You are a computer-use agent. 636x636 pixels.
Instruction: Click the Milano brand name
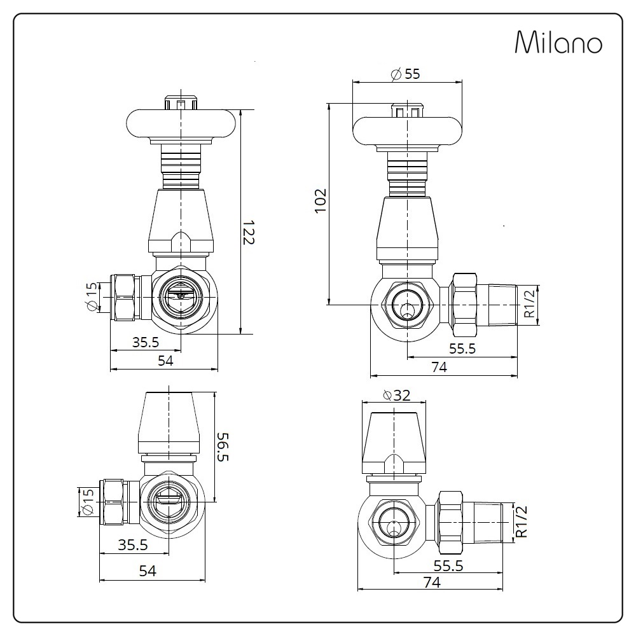click(558, 43)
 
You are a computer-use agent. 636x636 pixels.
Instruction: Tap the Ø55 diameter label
click(406, 74)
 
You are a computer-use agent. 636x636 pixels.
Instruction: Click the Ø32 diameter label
click(396, 395)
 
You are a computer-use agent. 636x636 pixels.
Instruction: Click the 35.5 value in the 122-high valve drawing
click(145, 342)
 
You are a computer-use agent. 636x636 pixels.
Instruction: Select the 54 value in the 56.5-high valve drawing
click(147, 571)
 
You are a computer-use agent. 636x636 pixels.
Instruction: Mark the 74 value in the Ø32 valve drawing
click(431, 582)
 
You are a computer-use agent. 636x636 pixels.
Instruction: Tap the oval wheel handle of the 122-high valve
click(182, 124)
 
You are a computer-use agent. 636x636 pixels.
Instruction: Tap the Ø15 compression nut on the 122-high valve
click(125, 297)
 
